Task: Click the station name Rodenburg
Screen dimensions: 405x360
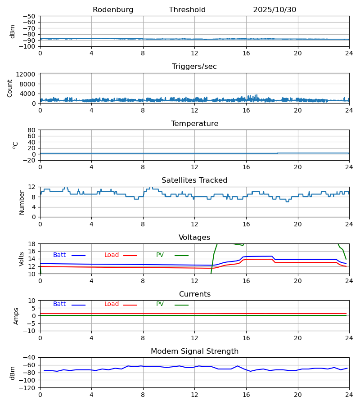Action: pyautogui.click(x=113, y=10)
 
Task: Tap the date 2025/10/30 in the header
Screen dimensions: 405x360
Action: pyautogui.click(x=274, y=10)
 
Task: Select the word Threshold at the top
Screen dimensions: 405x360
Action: pyautogui.click(x=187, y=10)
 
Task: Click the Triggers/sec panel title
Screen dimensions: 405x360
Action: pyautogui.click(x=194, y=67)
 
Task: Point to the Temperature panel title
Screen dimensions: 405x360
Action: pyautogui.click(x=194, y=124)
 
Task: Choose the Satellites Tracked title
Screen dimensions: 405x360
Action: pyautogui.click(x=194, y=180)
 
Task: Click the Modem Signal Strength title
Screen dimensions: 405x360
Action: pyautogui.click(x=194, y=351)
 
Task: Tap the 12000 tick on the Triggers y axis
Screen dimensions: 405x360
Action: pyautogui.click(x=27, y=74)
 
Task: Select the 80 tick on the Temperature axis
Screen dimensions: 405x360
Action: pyautogui.click(x=32, y=130)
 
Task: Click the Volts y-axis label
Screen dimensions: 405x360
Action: pyautogui.click(x=22, y=259)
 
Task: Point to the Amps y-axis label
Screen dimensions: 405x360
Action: pyautogui.click(x=16, y=316)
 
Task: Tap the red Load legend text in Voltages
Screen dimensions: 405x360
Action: pyautogui.click(x=112, y=255)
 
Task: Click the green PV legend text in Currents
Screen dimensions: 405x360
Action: pyautogui.click(x=160, y=304)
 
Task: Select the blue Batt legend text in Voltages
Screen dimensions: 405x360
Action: pyautogui.click(x=59, y=255)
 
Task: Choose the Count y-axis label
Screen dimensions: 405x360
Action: pyautogui.click(x=10, y=88)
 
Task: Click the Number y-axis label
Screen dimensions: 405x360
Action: pyautogui.click(x=22, y=202)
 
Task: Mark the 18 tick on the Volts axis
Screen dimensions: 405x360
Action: pyautogui.click(x=32, y=244)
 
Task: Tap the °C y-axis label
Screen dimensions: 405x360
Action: pyautogui.click(x=15, y=145)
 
